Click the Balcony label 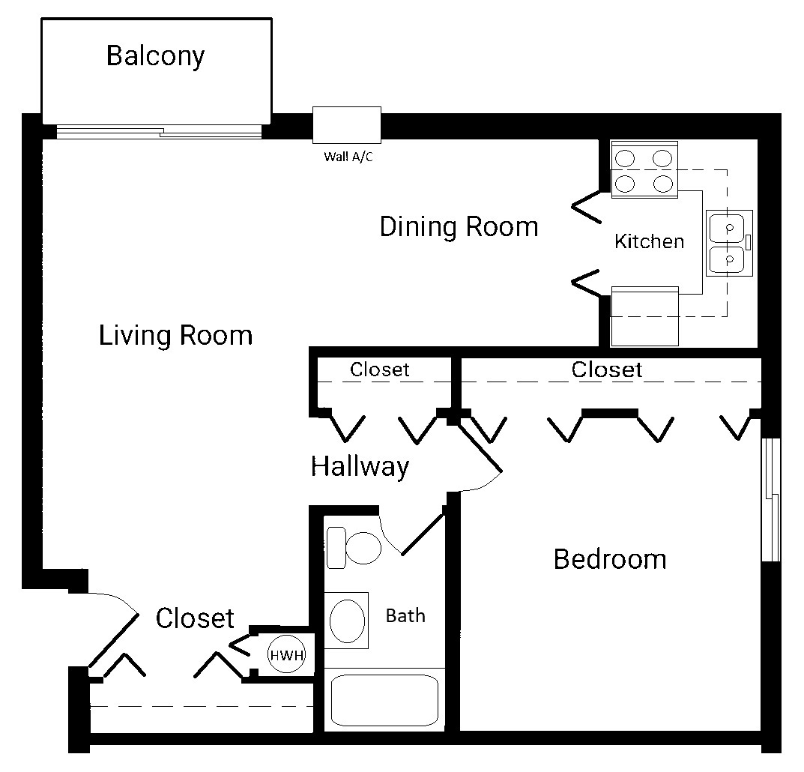pos(155,56)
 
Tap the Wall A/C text pos(348,157)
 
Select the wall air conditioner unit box pos(347,124)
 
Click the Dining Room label pos(459,226)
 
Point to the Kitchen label pos(649,241)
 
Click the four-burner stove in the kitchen pos(644,170)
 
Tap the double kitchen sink pos(729,243)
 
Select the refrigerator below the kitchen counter pos(645,316)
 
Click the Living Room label pos(175,336)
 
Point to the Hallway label pos(360,467)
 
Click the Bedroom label pos(610,559)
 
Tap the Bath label pos(405,615)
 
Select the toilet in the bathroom pos(354,548)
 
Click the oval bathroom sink pos(347,620)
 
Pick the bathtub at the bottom pos(384,700)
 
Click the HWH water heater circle pos(287,654)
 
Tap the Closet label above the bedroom pos(607,370)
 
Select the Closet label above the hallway pos(379,370)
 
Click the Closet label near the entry pos(195,618)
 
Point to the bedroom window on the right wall pos(771,500)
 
